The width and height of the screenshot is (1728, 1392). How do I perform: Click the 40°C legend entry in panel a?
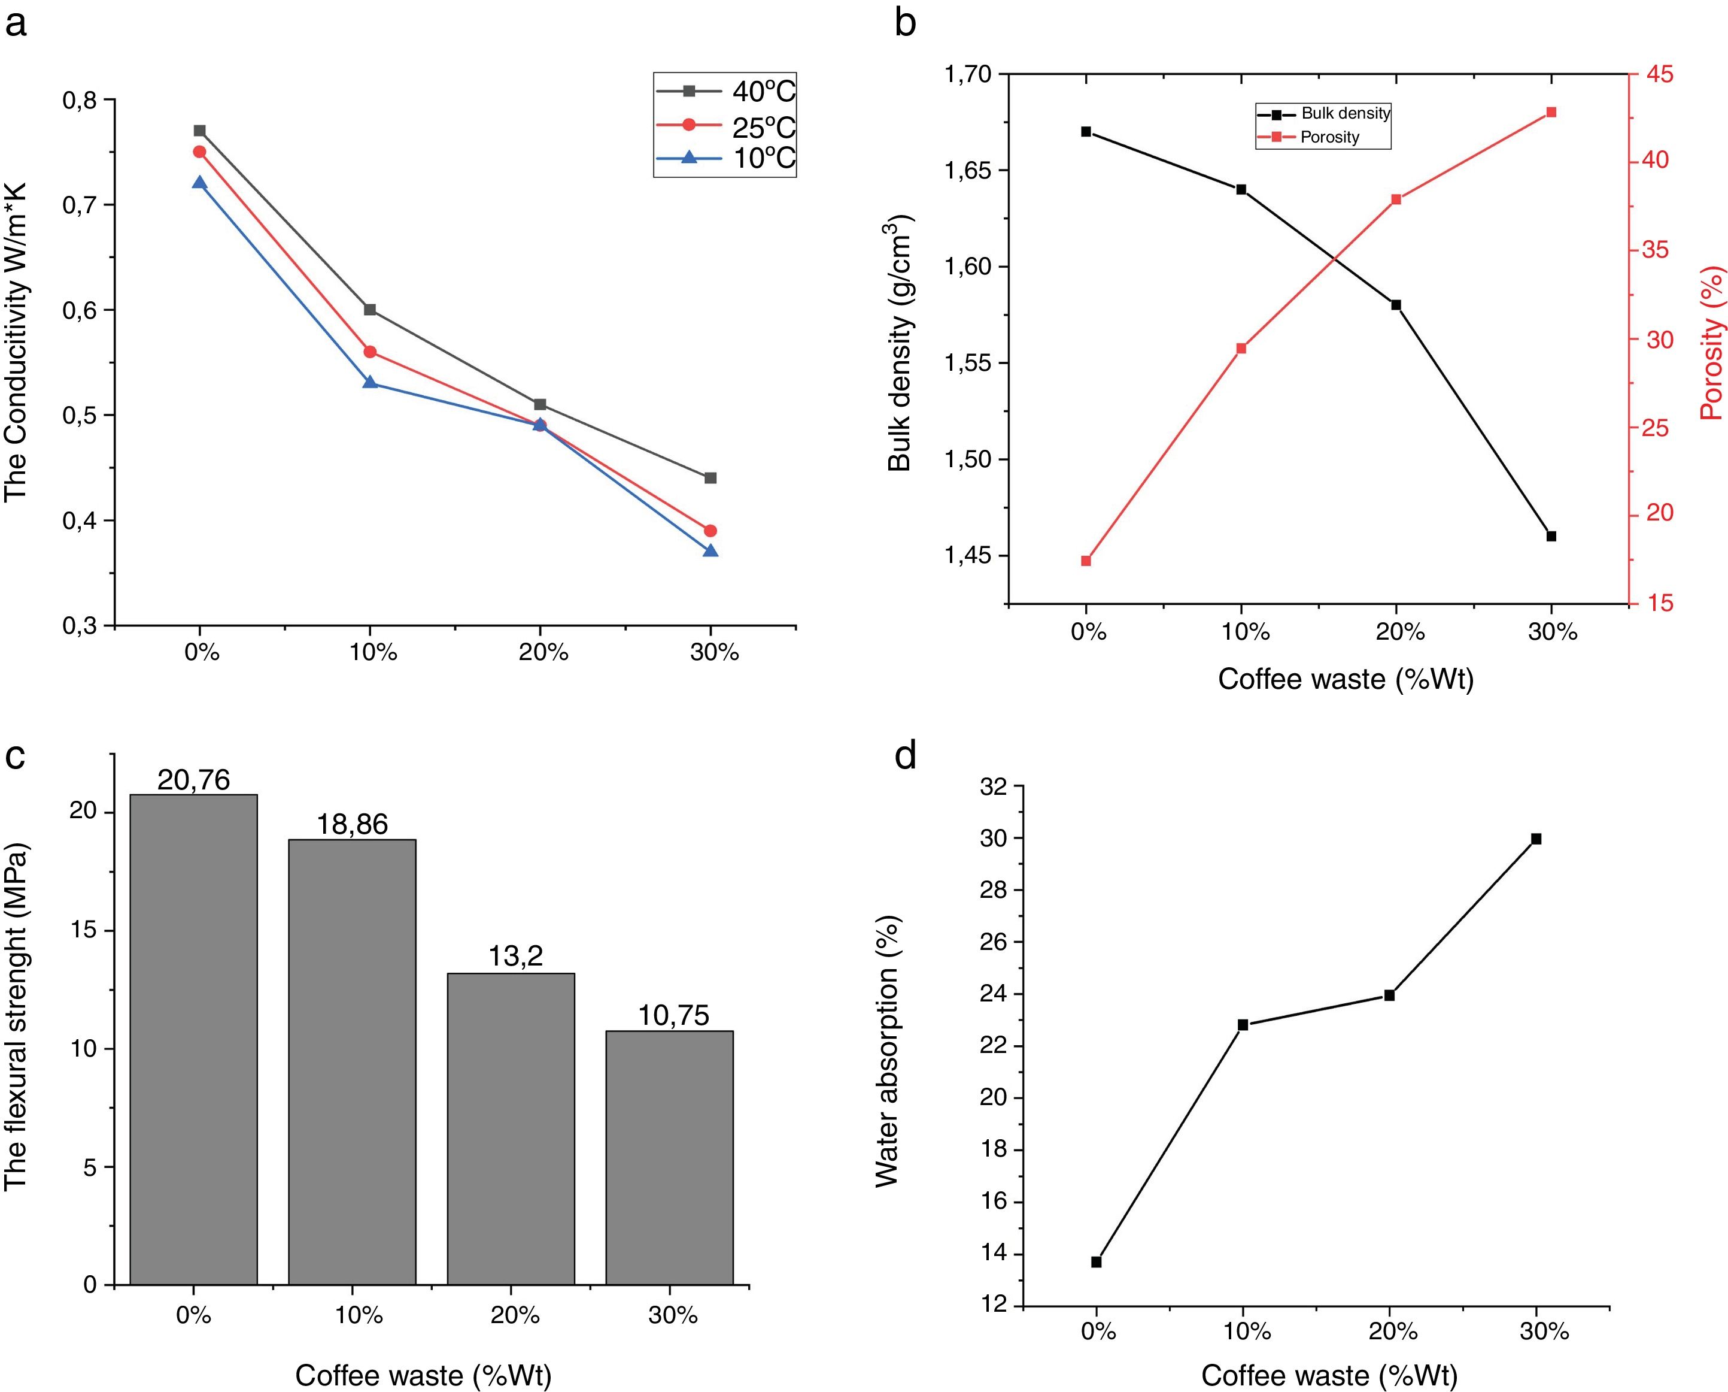[x=725, y=92]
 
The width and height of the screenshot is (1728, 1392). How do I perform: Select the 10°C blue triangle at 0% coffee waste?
[x=199, y=183]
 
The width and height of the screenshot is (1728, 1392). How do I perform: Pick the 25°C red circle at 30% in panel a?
[x=710, y=531]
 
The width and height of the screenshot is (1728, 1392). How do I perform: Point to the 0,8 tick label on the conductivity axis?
[x=80, y=100]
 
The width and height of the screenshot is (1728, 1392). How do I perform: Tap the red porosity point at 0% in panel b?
[x=1086, y=561]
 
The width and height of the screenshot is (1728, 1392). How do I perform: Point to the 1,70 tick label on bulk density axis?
[x=968, y=74]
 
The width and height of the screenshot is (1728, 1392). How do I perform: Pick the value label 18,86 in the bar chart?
[x=352, y=824]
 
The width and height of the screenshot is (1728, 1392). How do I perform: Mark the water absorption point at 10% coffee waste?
[x=1243, y=1025]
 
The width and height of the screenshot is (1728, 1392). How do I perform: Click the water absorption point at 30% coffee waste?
[x=1536, y=839]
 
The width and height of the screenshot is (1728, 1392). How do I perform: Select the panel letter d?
[x=906, y=756]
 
